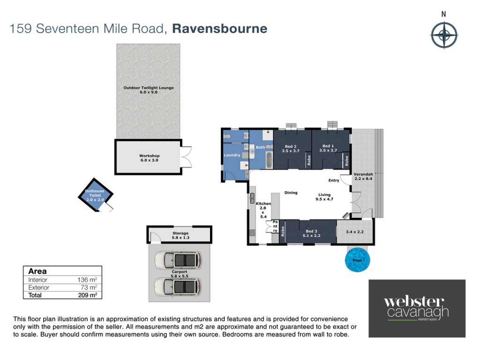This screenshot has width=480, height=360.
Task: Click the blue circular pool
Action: [x=357, y=260]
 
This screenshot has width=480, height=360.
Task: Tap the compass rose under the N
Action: [x=444, y=35]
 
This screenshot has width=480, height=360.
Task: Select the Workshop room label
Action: [x=150, y=158]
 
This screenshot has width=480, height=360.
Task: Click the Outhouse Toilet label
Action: [x=95, y=195]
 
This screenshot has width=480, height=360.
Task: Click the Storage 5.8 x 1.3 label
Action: [x=180, y=235]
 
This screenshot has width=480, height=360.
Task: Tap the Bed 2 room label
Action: [x=291, y=149]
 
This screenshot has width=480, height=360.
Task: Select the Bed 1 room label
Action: [x=328, y=148]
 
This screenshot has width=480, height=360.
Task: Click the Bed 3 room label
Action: [x=311, y=233]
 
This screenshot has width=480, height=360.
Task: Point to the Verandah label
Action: [x=363, y=176]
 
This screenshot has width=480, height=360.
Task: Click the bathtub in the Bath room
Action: [x=269, y=160]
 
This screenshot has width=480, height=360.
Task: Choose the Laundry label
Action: [x=232, y=155]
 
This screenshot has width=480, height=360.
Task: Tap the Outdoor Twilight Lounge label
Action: [x=149, y=90]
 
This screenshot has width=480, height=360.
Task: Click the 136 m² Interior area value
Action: [x=87, y=279]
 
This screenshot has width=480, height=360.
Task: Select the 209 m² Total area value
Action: [x=88, y=295]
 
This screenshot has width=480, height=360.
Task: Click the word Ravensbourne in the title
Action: [x=220, y=29]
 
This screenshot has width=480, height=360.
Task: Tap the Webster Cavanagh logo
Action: [x=417, y=308]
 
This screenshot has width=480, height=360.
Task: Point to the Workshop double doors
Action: [x=186, y=157]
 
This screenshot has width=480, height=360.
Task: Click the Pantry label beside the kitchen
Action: [x=275, y=226]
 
